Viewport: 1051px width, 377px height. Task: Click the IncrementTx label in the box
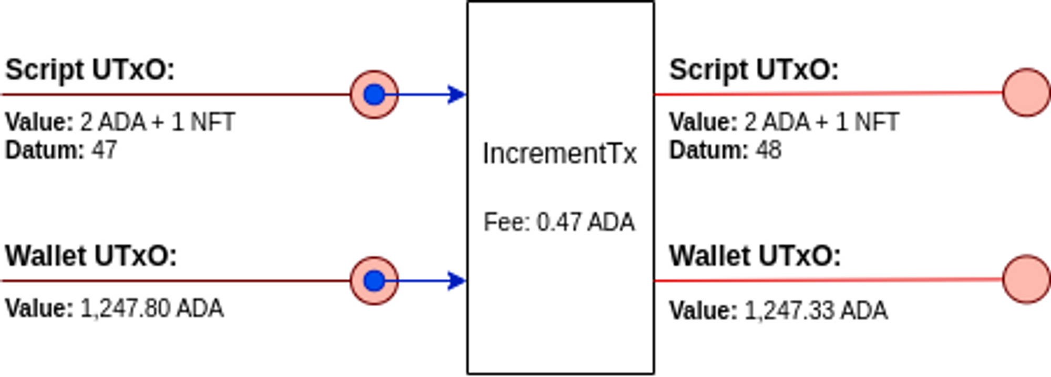tap(560, 154)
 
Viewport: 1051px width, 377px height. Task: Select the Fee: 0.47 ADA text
tap(559, 222)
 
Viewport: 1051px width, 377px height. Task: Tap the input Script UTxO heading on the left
tap(90, 70)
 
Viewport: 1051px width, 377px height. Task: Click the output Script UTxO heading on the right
tap(754, 70)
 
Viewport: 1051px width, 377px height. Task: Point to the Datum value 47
tap(104, 151)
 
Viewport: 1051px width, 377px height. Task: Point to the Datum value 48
tap(769, 151)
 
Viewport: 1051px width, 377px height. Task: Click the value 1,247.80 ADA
tap(152, 309)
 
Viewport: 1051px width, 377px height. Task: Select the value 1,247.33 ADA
tap(816, 311)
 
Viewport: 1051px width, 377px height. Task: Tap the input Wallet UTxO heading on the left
tap(91, 256)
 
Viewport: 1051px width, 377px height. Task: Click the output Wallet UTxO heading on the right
tap(755, 256)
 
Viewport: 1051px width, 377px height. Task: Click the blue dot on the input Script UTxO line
tap(374, 95)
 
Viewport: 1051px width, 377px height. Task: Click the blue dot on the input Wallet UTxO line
tap(374, 281)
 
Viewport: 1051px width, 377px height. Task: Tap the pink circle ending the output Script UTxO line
tap(1026, 92)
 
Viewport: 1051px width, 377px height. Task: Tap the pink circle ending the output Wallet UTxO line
tap(1026, 279)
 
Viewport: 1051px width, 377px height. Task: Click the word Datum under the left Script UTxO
tap(44, 151)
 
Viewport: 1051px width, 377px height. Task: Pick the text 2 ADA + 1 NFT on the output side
tap(822, 122)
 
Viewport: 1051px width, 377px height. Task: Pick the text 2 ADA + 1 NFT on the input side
tap(157, 122)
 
